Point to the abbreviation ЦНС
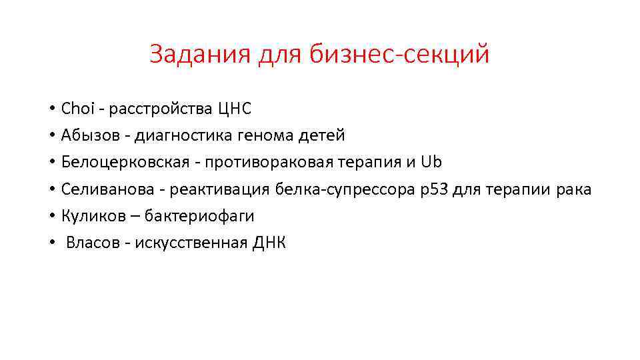(x=234, y=108)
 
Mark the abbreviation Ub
(x=433, y=162)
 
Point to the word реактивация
(x=219, y=189)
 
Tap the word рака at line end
(x=574, y=189)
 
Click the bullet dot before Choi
(x=51, y=109)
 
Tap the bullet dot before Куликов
(x=51, y=217)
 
